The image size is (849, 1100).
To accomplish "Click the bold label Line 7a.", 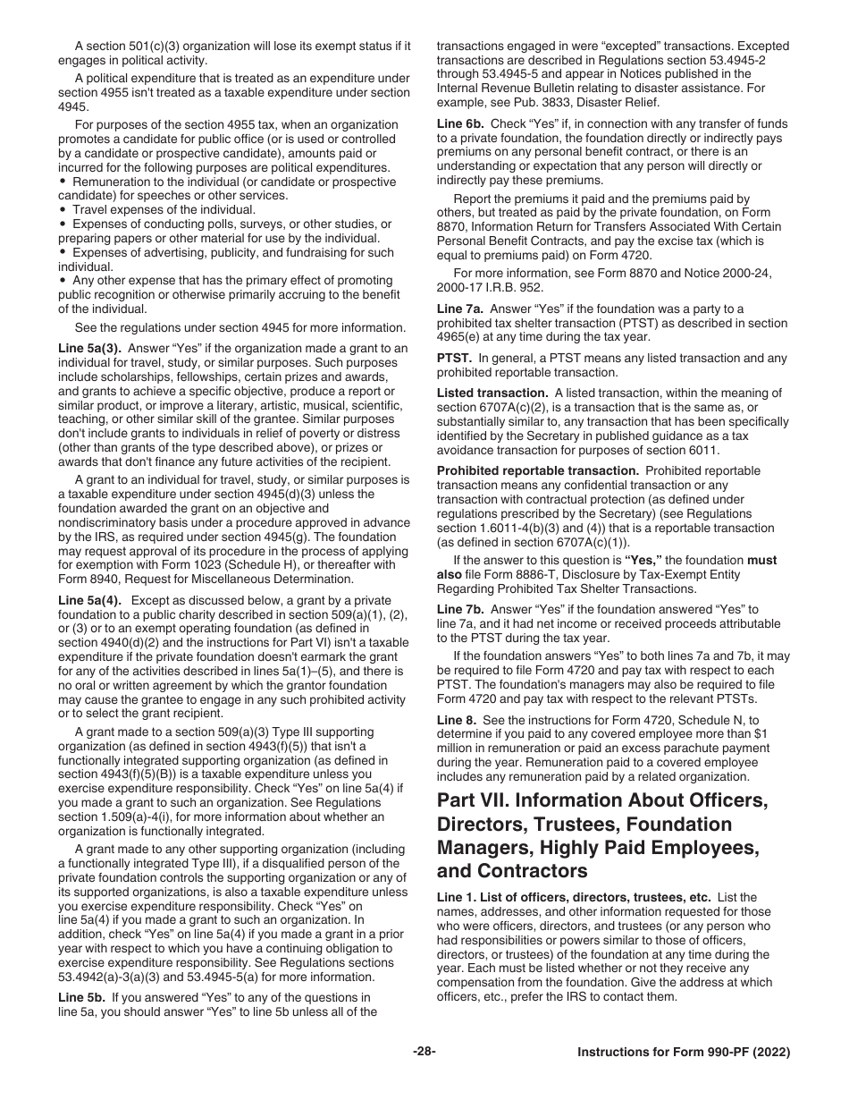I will coord(459,309).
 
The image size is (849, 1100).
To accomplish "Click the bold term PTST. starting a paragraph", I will coord(454,359).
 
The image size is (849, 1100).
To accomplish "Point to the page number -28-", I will coord(424,1052).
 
